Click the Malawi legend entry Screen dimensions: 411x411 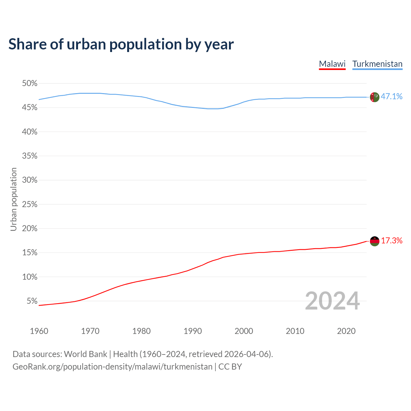coord(332,64)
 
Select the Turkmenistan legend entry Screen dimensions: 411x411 coord(377,64)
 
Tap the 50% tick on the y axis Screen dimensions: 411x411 coord(30,83)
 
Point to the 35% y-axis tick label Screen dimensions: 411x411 coord(30,156)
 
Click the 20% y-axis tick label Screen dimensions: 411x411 coord(30,229)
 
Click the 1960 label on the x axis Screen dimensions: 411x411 coord(39,331)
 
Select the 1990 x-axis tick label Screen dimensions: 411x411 coord(193,331)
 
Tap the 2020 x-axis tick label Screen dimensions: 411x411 coord(346,331)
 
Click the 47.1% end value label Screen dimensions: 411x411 coord(391,96)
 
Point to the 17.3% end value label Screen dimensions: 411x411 coord(391,240)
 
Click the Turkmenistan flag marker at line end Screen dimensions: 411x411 coord(374,97)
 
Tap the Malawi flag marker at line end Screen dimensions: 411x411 coord(374,241)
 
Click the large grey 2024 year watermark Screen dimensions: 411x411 coord(332,301)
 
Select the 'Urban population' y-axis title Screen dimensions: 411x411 coord(13,199)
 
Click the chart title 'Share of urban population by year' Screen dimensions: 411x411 coord(121,44)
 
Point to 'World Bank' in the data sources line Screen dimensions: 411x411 coord(85,354)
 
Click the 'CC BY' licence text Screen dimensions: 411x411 coord(230,367)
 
